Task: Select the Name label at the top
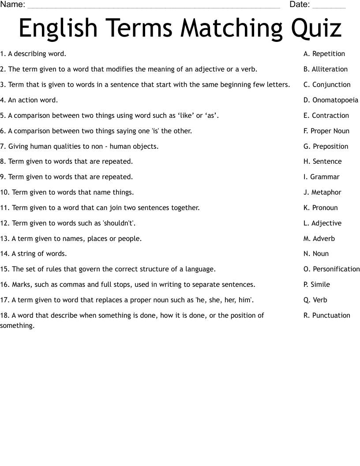pyautogui.click(x=12, y=5)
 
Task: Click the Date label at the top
pyautogui.click(x=300, y=5)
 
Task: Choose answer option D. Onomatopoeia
pyautogui.click(x=330, y=100)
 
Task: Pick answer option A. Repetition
pyautogui.click(x=324, y=54)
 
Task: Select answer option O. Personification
pyautogui.click(x=331, y=269)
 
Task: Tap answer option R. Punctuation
pyautogui.click(x=326, y=316)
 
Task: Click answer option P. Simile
pyautogui.click(x=316, y=285)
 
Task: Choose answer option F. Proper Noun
pyautogui.click(x=326, y=131)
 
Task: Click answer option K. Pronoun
pyautogui.click(x=320, y=208)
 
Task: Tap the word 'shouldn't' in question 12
pyautogui.click(x=119, y=223)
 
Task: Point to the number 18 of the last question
pyautogui.click(x=4, y=316)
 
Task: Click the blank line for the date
pyautogui.click(x=329, y=6)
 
